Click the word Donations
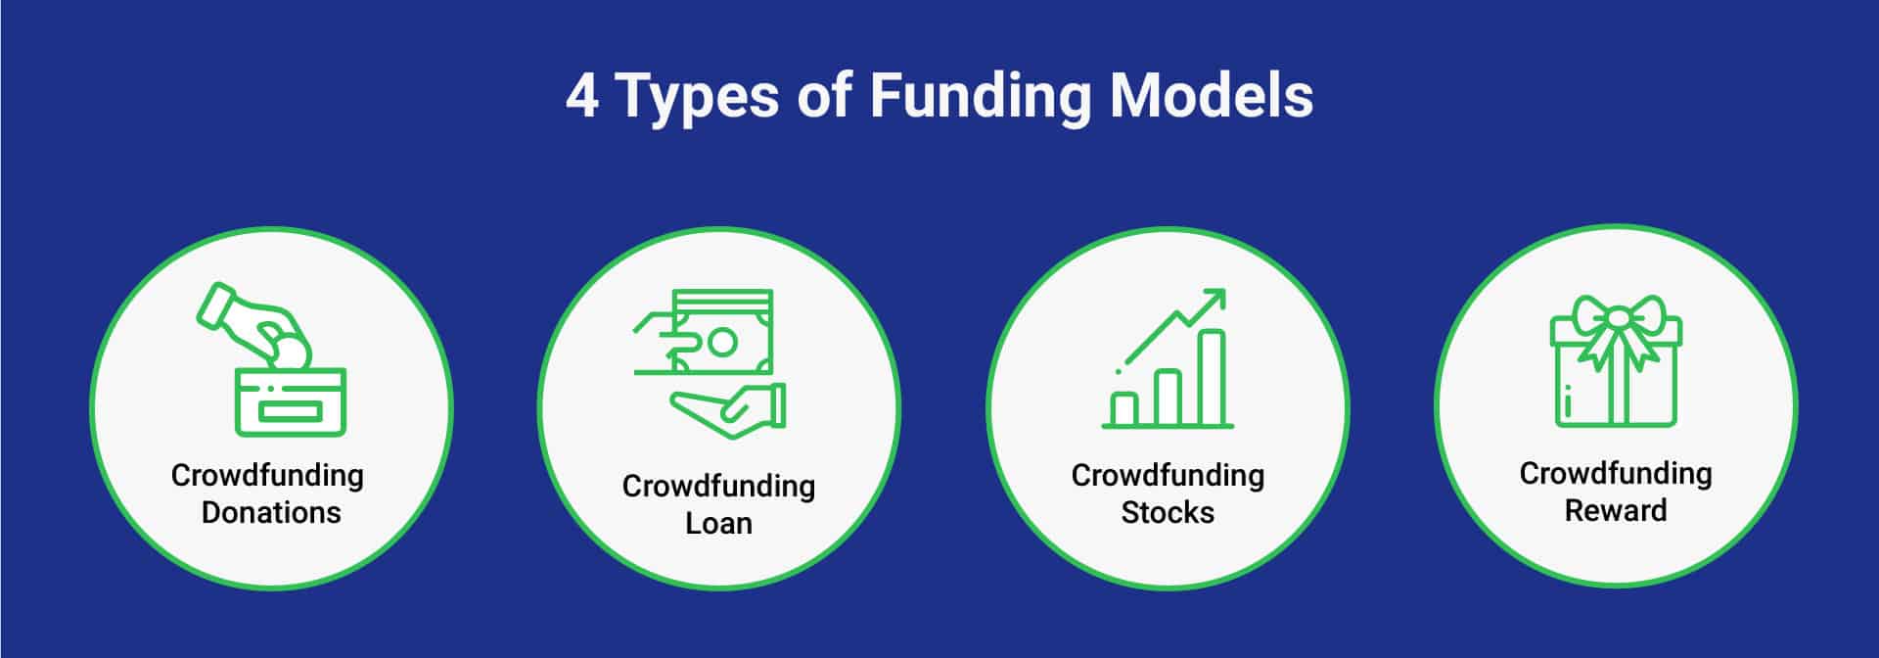pos(271,512)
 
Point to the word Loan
pos(718,523)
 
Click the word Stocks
pos(1168,512)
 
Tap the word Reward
pos(1615,510)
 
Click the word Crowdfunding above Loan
pos(718,486)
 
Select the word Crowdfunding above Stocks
pos(1168,475)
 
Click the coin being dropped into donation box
pos(290,352)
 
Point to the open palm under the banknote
pos(729,407)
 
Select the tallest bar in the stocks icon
pos(1213,377)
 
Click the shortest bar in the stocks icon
pos(1125,408)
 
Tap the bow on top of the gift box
pos(1616,319)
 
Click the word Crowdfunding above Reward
pos(1615,473)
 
